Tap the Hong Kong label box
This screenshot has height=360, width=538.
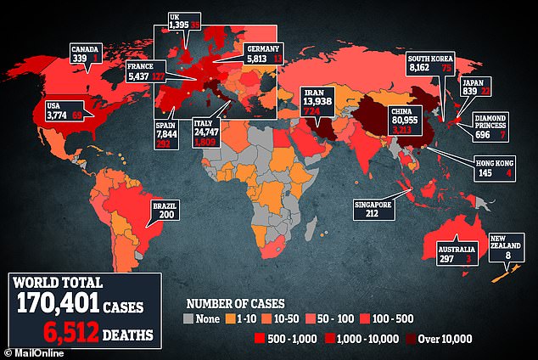pyautogui.click(x=497, y=168)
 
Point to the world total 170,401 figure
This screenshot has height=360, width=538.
pyautogui.click(x=59, y=302)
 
